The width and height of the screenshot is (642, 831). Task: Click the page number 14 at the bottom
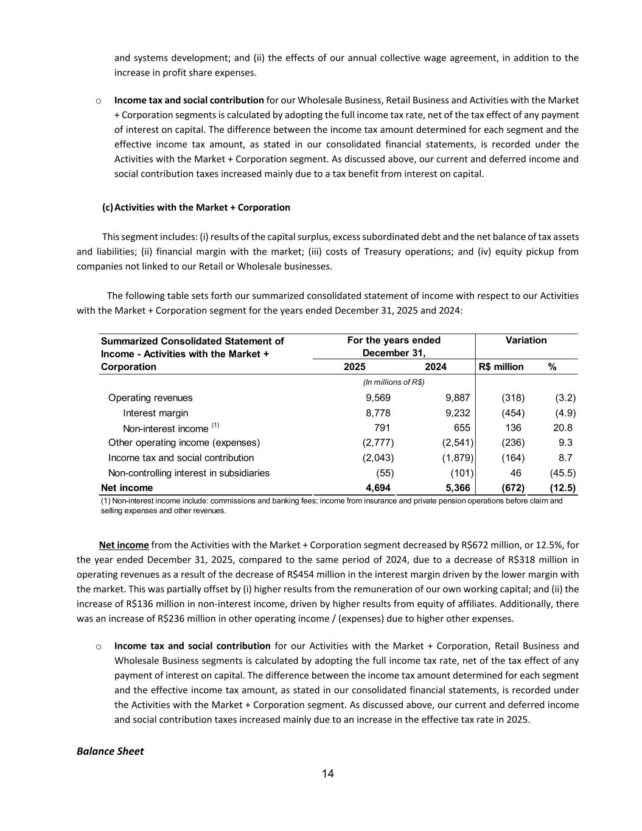tap(327, 774)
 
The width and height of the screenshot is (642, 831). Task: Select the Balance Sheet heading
tap(110, 751)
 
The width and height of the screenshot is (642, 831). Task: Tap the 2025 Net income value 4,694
tap(377, 488)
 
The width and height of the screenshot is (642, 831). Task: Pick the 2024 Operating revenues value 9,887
tap(458, 398)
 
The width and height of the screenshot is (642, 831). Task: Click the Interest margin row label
tap(155, 413)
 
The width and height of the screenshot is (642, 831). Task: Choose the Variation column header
tap(526, 340)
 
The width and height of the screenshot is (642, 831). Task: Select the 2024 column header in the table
tap(435, 366)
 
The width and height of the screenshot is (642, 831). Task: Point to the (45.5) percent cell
tap(563, 472)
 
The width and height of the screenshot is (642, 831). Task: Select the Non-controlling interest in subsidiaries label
tap(189, 472)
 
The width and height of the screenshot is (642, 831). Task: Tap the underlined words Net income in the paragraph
tap(124, 545)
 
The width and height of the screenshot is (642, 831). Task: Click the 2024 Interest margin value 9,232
tap(458, 413)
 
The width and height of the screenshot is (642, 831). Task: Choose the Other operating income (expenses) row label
tap(184, 443)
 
